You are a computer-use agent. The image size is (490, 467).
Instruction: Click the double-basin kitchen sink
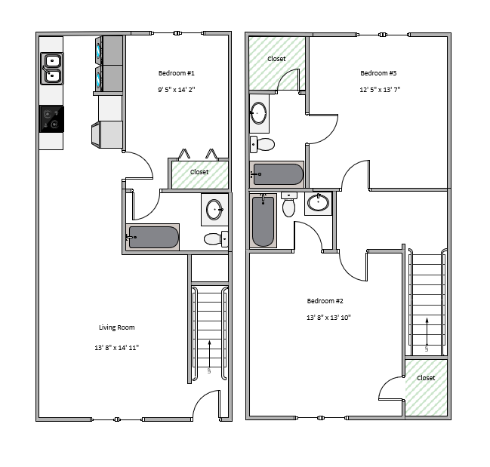pyautogui.click(x=52, y=69)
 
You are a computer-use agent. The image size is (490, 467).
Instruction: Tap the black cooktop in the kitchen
pyautogui.click(x=51, y=119)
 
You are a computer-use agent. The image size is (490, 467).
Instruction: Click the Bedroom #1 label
pyautogui.click(x=176, y=73)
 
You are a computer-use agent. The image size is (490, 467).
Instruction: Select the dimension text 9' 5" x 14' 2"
pyautogui.click(x=176, y=90)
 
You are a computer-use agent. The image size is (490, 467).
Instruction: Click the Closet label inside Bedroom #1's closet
pyautogui.click(x=199, y=172)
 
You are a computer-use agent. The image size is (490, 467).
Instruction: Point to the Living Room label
pyautogui.click(x=117, y=327)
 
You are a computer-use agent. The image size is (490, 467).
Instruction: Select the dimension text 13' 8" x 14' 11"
pyautogui.click(x=116, y=348)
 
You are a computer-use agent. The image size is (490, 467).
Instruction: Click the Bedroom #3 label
pyautogui.click(x=378, y=73)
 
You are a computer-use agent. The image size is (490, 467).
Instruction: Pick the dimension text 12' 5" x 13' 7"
pyautogui.click(x=380, y=90)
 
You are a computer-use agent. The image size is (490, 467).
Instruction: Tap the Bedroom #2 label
pyautogui.click(x=325, y=301)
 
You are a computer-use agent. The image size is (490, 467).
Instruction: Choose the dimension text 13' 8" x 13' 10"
pyautogui.click(x=328, y=318)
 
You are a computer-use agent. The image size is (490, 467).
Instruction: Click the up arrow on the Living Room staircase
pyautogui.click(x=209, y=354)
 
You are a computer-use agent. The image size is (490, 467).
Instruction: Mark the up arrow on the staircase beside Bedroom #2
pyautogui.click(x=427, y=331)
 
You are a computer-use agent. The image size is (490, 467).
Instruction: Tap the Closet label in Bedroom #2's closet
pyautogui.click(x=426, y=378)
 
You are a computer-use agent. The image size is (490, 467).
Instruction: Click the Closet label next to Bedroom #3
pyautogui.click(x=276, y=59)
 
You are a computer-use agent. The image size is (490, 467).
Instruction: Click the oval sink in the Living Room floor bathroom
pyautogui.click(x=214, y=210)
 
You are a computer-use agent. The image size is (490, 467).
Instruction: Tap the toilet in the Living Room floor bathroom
pyautogui.click(x=216, y=239)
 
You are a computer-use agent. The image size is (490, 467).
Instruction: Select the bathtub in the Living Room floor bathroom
pyautogui.click(x=153, y=237)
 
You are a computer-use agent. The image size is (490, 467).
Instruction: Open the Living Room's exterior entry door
pyautogui.click(x=207, y=405)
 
